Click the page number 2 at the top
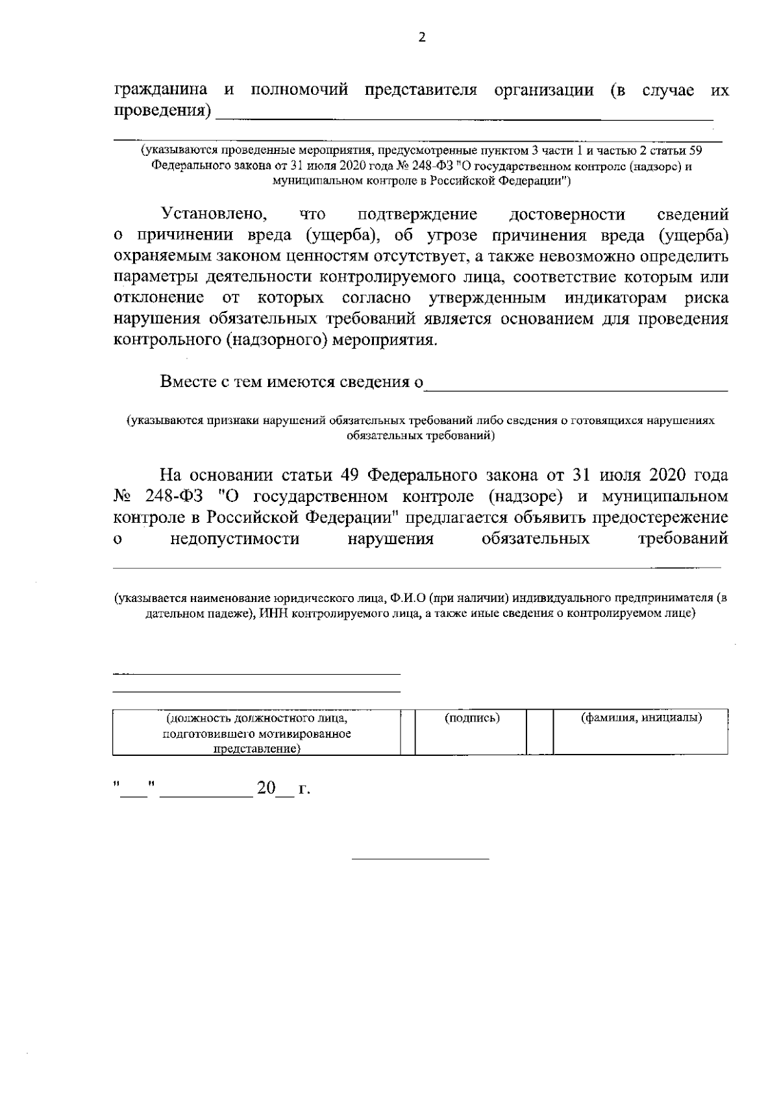click(x=422, y=38)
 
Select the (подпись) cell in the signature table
click(x=472, y=719)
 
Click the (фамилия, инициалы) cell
click(x=640, y=719)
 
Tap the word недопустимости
click(x=234, y=539)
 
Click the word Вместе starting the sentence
click(x=190, y=382)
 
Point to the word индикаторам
click(x=615, y=298)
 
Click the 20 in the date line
click(x=266, y=789)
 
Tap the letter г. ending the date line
click(x=303, y=790)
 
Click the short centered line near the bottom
click(x=420, y=860)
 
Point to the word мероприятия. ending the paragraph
click(x=385, y=340)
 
